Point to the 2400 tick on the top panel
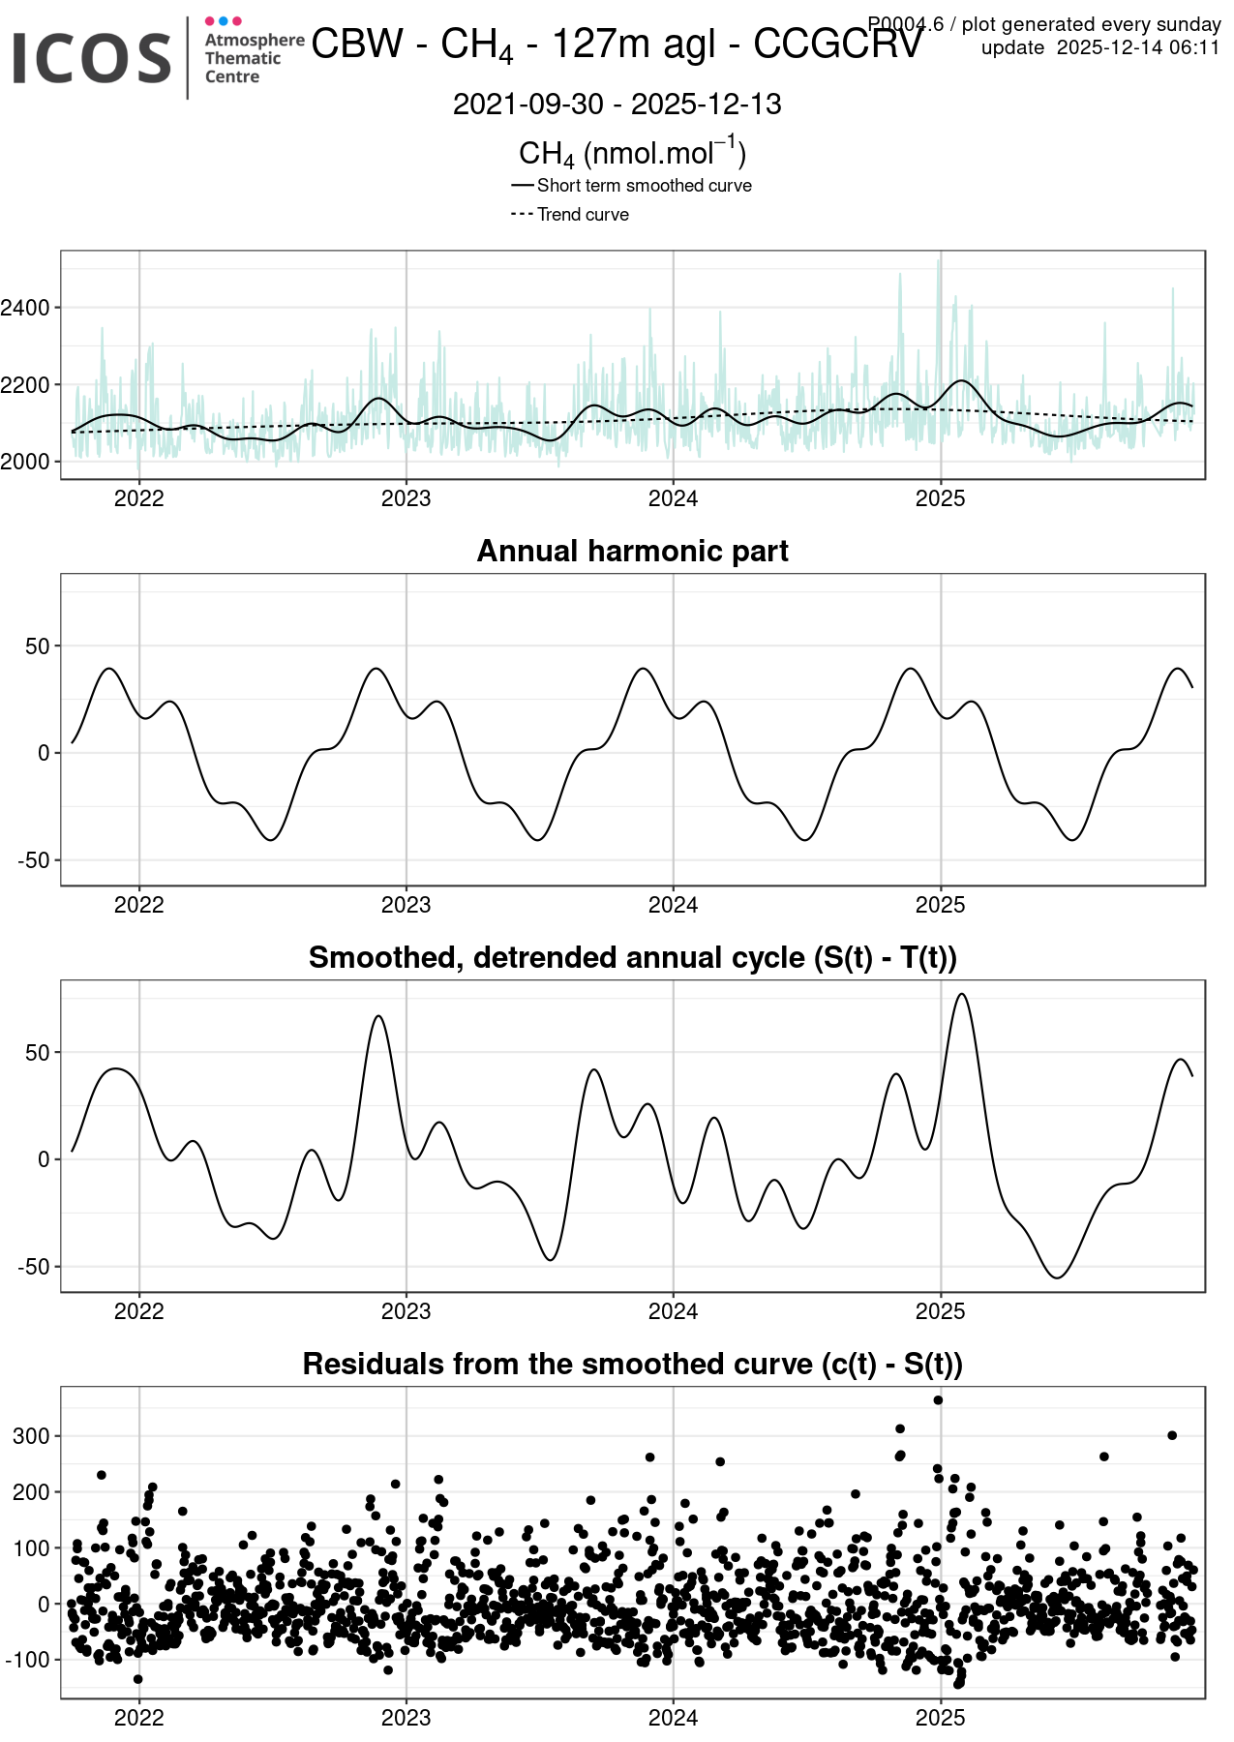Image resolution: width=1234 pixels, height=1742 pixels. click(25, 308)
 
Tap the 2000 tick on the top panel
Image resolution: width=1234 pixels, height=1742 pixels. click(25, 462)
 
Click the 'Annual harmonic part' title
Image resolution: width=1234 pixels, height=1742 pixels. click(632, 551)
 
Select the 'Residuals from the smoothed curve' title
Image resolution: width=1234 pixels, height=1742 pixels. click(632, 1364)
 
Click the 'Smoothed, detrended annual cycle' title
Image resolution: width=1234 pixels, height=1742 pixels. click(632, 957)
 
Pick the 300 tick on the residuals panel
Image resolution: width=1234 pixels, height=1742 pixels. click(31, 1436)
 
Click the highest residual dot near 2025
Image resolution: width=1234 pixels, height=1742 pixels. click(938, 1400)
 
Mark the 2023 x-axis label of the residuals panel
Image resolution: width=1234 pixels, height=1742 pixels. click(406, 1718)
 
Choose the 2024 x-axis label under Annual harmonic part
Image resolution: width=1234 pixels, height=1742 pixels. click(673, 905)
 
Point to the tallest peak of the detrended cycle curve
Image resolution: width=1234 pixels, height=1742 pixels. click(961, 995)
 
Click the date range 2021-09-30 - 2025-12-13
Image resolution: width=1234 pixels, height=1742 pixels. click(617, 105)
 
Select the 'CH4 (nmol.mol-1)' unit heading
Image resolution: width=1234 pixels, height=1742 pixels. click(632, 153)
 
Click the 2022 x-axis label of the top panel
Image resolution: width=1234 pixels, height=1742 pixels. click(138, 498)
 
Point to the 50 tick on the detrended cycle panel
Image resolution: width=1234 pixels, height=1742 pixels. click(37, 1053)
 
